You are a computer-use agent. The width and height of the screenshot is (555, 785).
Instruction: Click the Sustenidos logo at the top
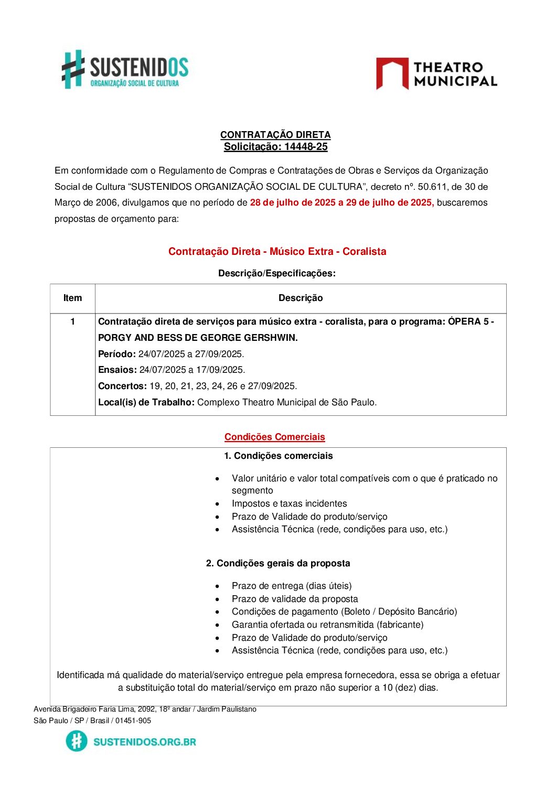click(125, 70)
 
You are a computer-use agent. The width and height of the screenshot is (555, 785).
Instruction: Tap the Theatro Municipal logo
click(436, 74)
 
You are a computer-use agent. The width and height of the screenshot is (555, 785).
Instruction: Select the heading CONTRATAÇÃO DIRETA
click(275, 135)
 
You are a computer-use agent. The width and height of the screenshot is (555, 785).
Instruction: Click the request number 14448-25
click(306, 147)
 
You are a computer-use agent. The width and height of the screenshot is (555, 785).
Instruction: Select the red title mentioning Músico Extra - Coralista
click(277, 252)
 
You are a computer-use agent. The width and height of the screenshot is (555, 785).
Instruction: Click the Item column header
click(72, 298)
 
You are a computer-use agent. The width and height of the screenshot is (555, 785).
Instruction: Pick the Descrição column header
click(301, 298)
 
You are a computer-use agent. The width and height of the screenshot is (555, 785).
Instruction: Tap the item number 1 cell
click(72, 321)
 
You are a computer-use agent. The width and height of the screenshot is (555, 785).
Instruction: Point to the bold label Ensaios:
click(118, 370)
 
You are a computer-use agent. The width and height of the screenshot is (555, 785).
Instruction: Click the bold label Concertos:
click(122, 386)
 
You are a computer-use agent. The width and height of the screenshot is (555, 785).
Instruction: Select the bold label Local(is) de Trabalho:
click(146, 402)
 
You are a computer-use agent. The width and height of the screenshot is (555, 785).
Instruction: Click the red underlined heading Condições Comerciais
click(275, 437)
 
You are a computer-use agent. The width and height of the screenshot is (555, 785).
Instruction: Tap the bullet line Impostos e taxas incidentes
click(290, 503)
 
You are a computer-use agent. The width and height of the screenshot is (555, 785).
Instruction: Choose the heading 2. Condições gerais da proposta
click(278, 563)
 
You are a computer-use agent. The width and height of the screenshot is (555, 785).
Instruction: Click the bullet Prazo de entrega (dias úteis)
click(292, 586)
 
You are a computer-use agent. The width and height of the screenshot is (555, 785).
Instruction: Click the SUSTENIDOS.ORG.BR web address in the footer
click(145, 741)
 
